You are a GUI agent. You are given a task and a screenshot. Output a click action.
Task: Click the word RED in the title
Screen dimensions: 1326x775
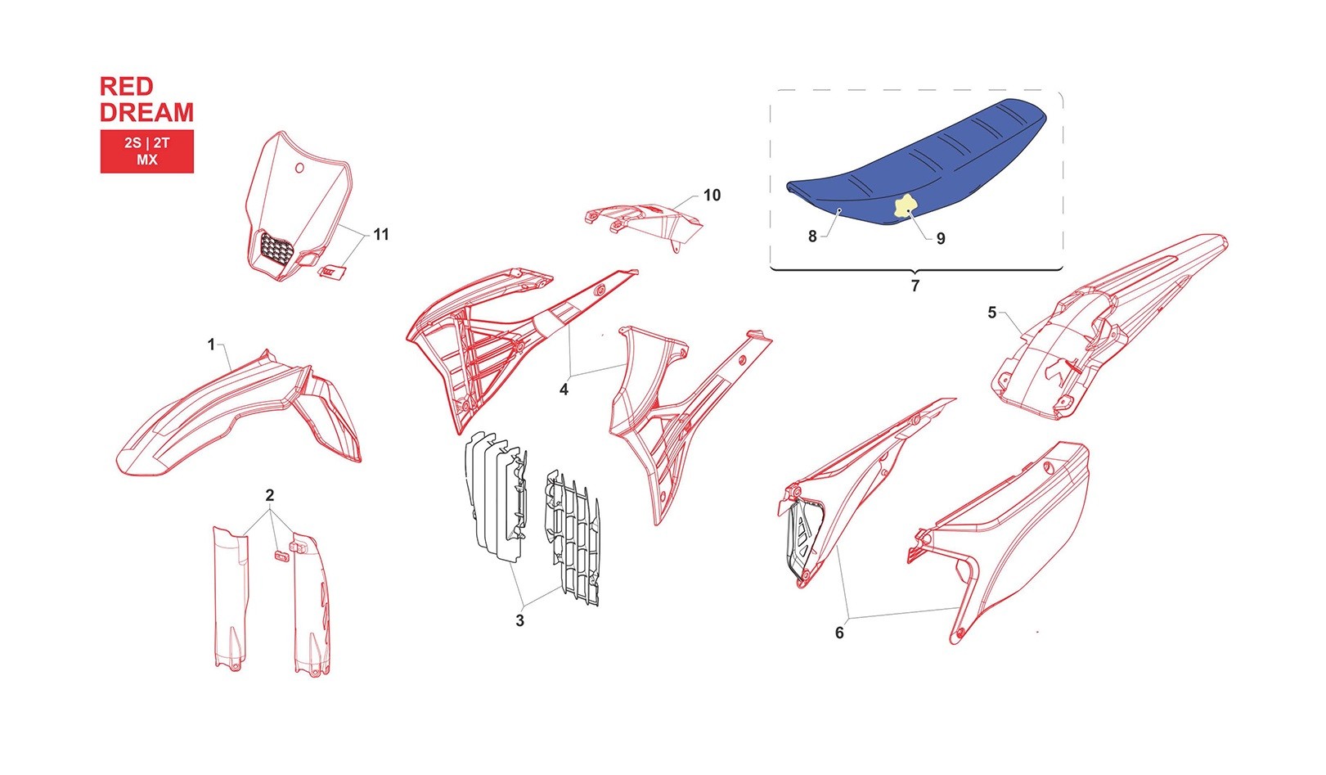pyautogui.click(x=127, y=87)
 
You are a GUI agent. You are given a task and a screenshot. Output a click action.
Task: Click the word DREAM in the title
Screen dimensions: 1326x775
pyautogui.click(x=146, y=112)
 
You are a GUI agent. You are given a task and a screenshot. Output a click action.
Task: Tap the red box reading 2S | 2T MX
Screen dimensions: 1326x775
pyautogui.click(x=146, y=151)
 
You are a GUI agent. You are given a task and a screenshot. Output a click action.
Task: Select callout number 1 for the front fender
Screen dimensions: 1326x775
pyautogui.click(x=211, y=344)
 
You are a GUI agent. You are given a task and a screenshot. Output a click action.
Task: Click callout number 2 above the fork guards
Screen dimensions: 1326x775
pyautogui.click(x=269, y=494)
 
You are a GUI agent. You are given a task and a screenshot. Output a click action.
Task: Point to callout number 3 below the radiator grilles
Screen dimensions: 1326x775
pyautogui.click(x=519, y=620)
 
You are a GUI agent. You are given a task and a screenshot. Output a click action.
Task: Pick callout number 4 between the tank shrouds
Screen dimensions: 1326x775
pyautogui.click(x=564, y=389)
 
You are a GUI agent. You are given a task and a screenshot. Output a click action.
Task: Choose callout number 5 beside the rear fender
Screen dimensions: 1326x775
pyautogui.click(x=992, y=313)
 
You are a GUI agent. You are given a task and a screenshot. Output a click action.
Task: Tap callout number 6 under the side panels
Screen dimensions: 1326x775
pyautogui.click(x=839, y=633)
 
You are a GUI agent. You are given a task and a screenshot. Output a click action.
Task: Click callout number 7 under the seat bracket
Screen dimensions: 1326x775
pyautogui.click(x=915, y=286)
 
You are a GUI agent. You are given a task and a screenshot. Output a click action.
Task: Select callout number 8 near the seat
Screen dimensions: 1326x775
pyautogui.click(x=813, y=237)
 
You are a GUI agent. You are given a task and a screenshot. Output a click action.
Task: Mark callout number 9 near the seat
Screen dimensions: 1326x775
pyautogui.click(x=941, y=239)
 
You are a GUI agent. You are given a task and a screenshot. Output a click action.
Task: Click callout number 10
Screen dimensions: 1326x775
pyautogui.click(x=712, y=195)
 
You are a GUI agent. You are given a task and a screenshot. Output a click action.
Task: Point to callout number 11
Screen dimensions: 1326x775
pyautogui.click(x=381, y=234)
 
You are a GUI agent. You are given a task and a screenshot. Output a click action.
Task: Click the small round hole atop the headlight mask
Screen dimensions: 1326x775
pyautogui.click(x=299, y=168)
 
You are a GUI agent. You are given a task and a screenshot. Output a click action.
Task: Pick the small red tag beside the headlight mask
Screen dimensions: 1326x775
pyautogui.click(x=332, y=271)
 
